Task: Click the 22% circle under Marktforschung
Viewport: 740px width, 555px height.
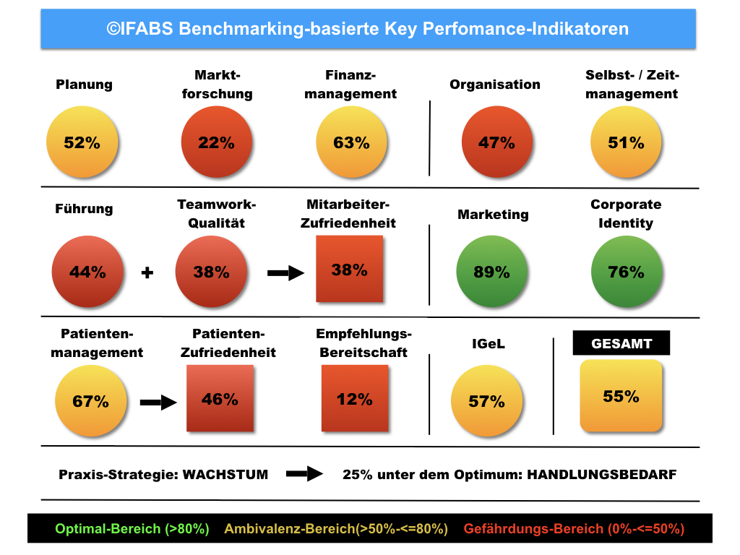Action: (216, 142)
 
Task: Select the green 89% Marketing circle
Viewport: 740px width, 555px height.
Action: (491, 272)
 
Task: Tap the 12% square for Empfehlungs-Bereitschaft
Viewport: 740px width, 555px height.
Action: (354, 398)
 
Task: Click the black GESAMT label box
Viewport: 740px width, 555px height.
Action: (621, 344)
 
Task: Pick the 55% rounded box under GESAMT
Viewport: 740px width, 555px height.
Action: (621, 396)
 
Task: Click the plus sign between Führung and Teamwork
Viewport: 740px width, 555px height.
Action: (147, 273)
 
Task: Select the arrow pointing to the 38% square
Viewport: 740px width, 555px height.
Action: (286, 272)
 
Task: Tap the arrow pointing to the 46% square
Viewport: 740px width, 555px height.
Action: (158, 402)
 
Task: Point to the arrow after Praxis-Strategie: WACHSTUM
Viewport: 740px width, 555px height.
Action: (304, 474)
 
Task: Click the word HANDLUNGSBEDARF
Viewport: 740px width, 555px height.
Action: (602, 475)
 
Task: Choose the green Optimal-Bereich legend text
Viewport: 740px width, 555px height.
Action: (132, 529)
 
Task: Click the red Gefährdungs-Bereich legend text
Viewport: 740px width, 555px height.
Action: (574, 529)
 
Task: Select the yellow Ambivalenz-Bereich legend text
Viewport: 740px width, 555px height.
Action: (336, 529)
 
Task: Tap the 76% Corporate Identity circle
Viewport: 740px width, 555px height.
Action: (626, 272)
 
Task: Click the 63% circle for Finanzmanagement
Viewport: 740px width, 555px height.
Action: (351, 142)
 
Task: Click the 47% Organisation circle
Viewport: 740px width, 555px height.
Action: (496, 142)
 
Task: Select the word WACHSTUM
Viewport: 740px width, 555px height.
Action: (225, 475)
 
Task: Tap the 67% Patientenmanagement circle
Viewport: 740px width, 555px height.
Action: (91, 401)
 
